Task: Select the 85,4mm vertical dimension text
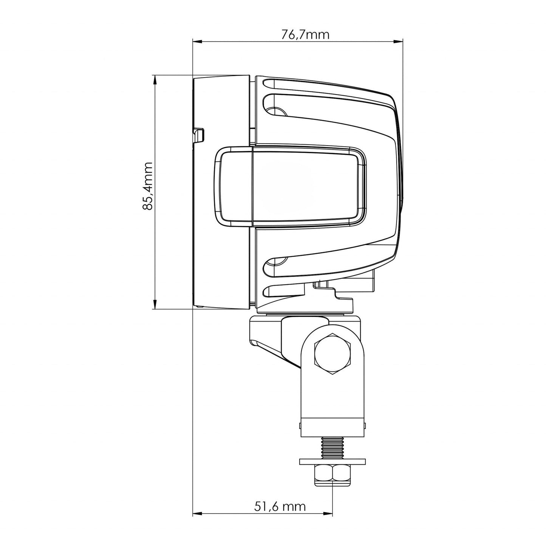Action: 147,186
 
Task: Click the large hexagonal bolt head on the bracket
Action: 333,354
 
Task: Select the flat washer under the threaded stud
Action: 333,461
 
